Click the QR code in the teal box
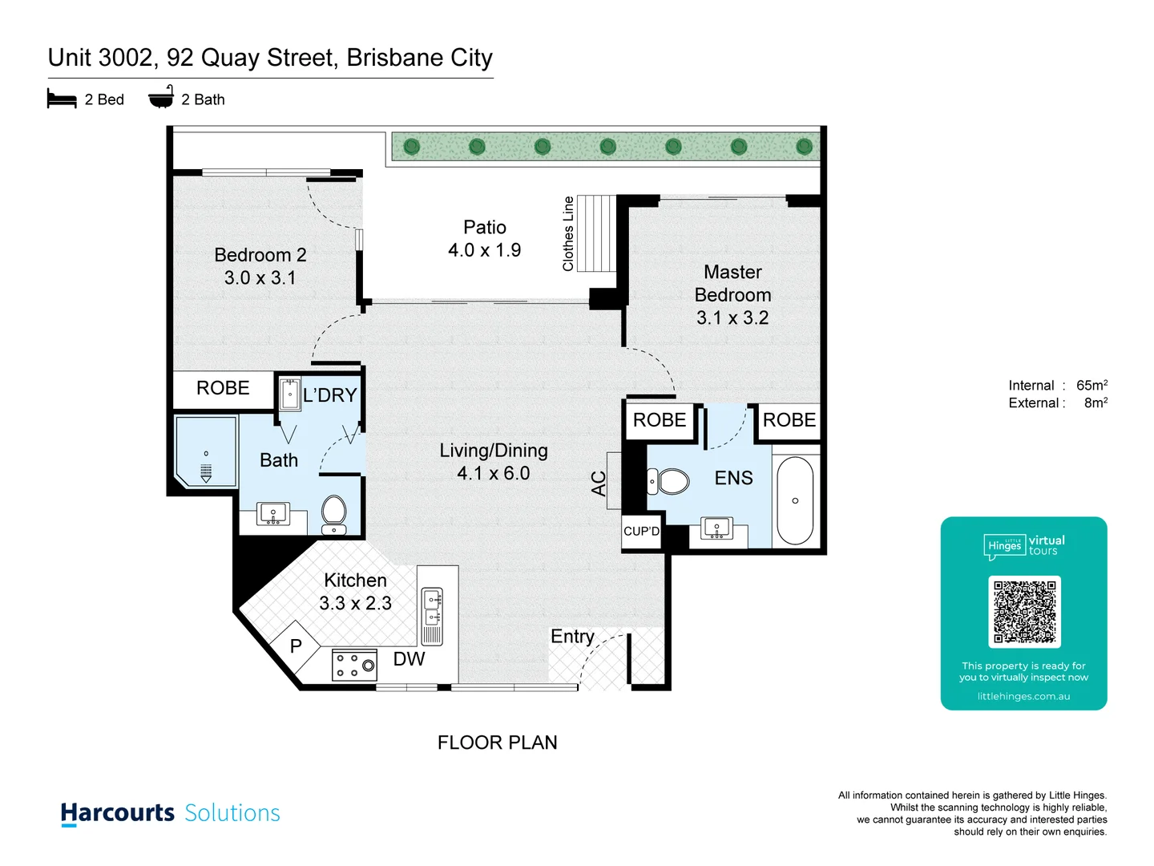[x=1024, y=612]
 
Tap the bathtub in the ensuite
[x=795, y=501]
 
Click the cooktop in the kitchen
[x=354, y=666]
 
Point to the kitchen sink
[x=432, y=606]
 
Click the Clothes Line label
[x=568, y=233]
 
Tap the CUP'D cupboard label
[x=642, y=531]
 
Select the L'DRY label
[x=329, y=395]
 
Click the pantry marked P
[x=296, y=645]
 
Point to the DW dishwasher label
[x=409, y=659]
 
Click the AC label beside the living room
[x=599, y=484]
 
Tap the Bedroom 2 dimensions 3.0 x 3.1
[x=260, y=278]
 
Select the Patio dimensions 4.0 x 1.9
[x=484, y=250]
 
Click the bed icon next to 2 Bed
[x=62, y=99]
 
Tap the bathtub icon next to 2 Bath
[x=161, y=98]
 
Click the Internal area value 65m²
[x=1091, y=386]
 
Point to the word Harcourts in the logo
[x=118, y=813]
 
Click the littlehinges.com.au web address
[x=1023, y=696]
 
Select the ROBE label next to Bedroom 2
[x=223, y=388]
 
